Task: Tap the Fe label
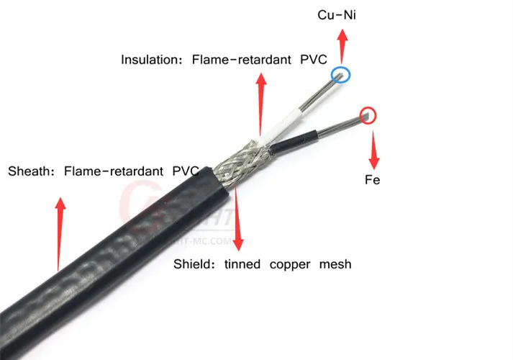point(372,180)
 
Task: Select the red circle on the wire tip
point(368,114)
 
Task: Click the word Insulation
point(151,60)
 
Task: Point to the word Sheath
point(29,172)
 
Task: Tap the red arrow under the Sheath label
point(60,230)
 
